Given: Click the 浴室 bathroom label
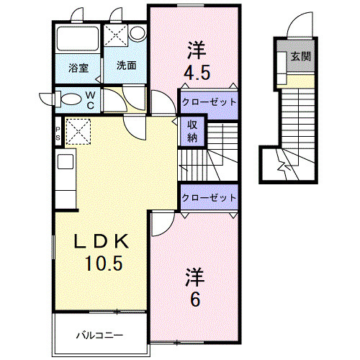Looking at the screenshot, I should pos(78,68).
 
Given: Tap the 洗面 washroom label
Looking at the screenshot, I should pos(126,65).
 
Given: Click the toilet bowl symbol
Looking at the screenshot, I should pos(71,98).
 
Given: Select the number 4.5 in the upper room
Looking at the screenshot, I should pos(196,73).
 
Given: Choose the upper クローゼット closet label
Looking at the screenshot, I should pos(209,102).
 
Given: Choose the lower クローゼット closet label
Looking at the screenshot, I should pos(209,197).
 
